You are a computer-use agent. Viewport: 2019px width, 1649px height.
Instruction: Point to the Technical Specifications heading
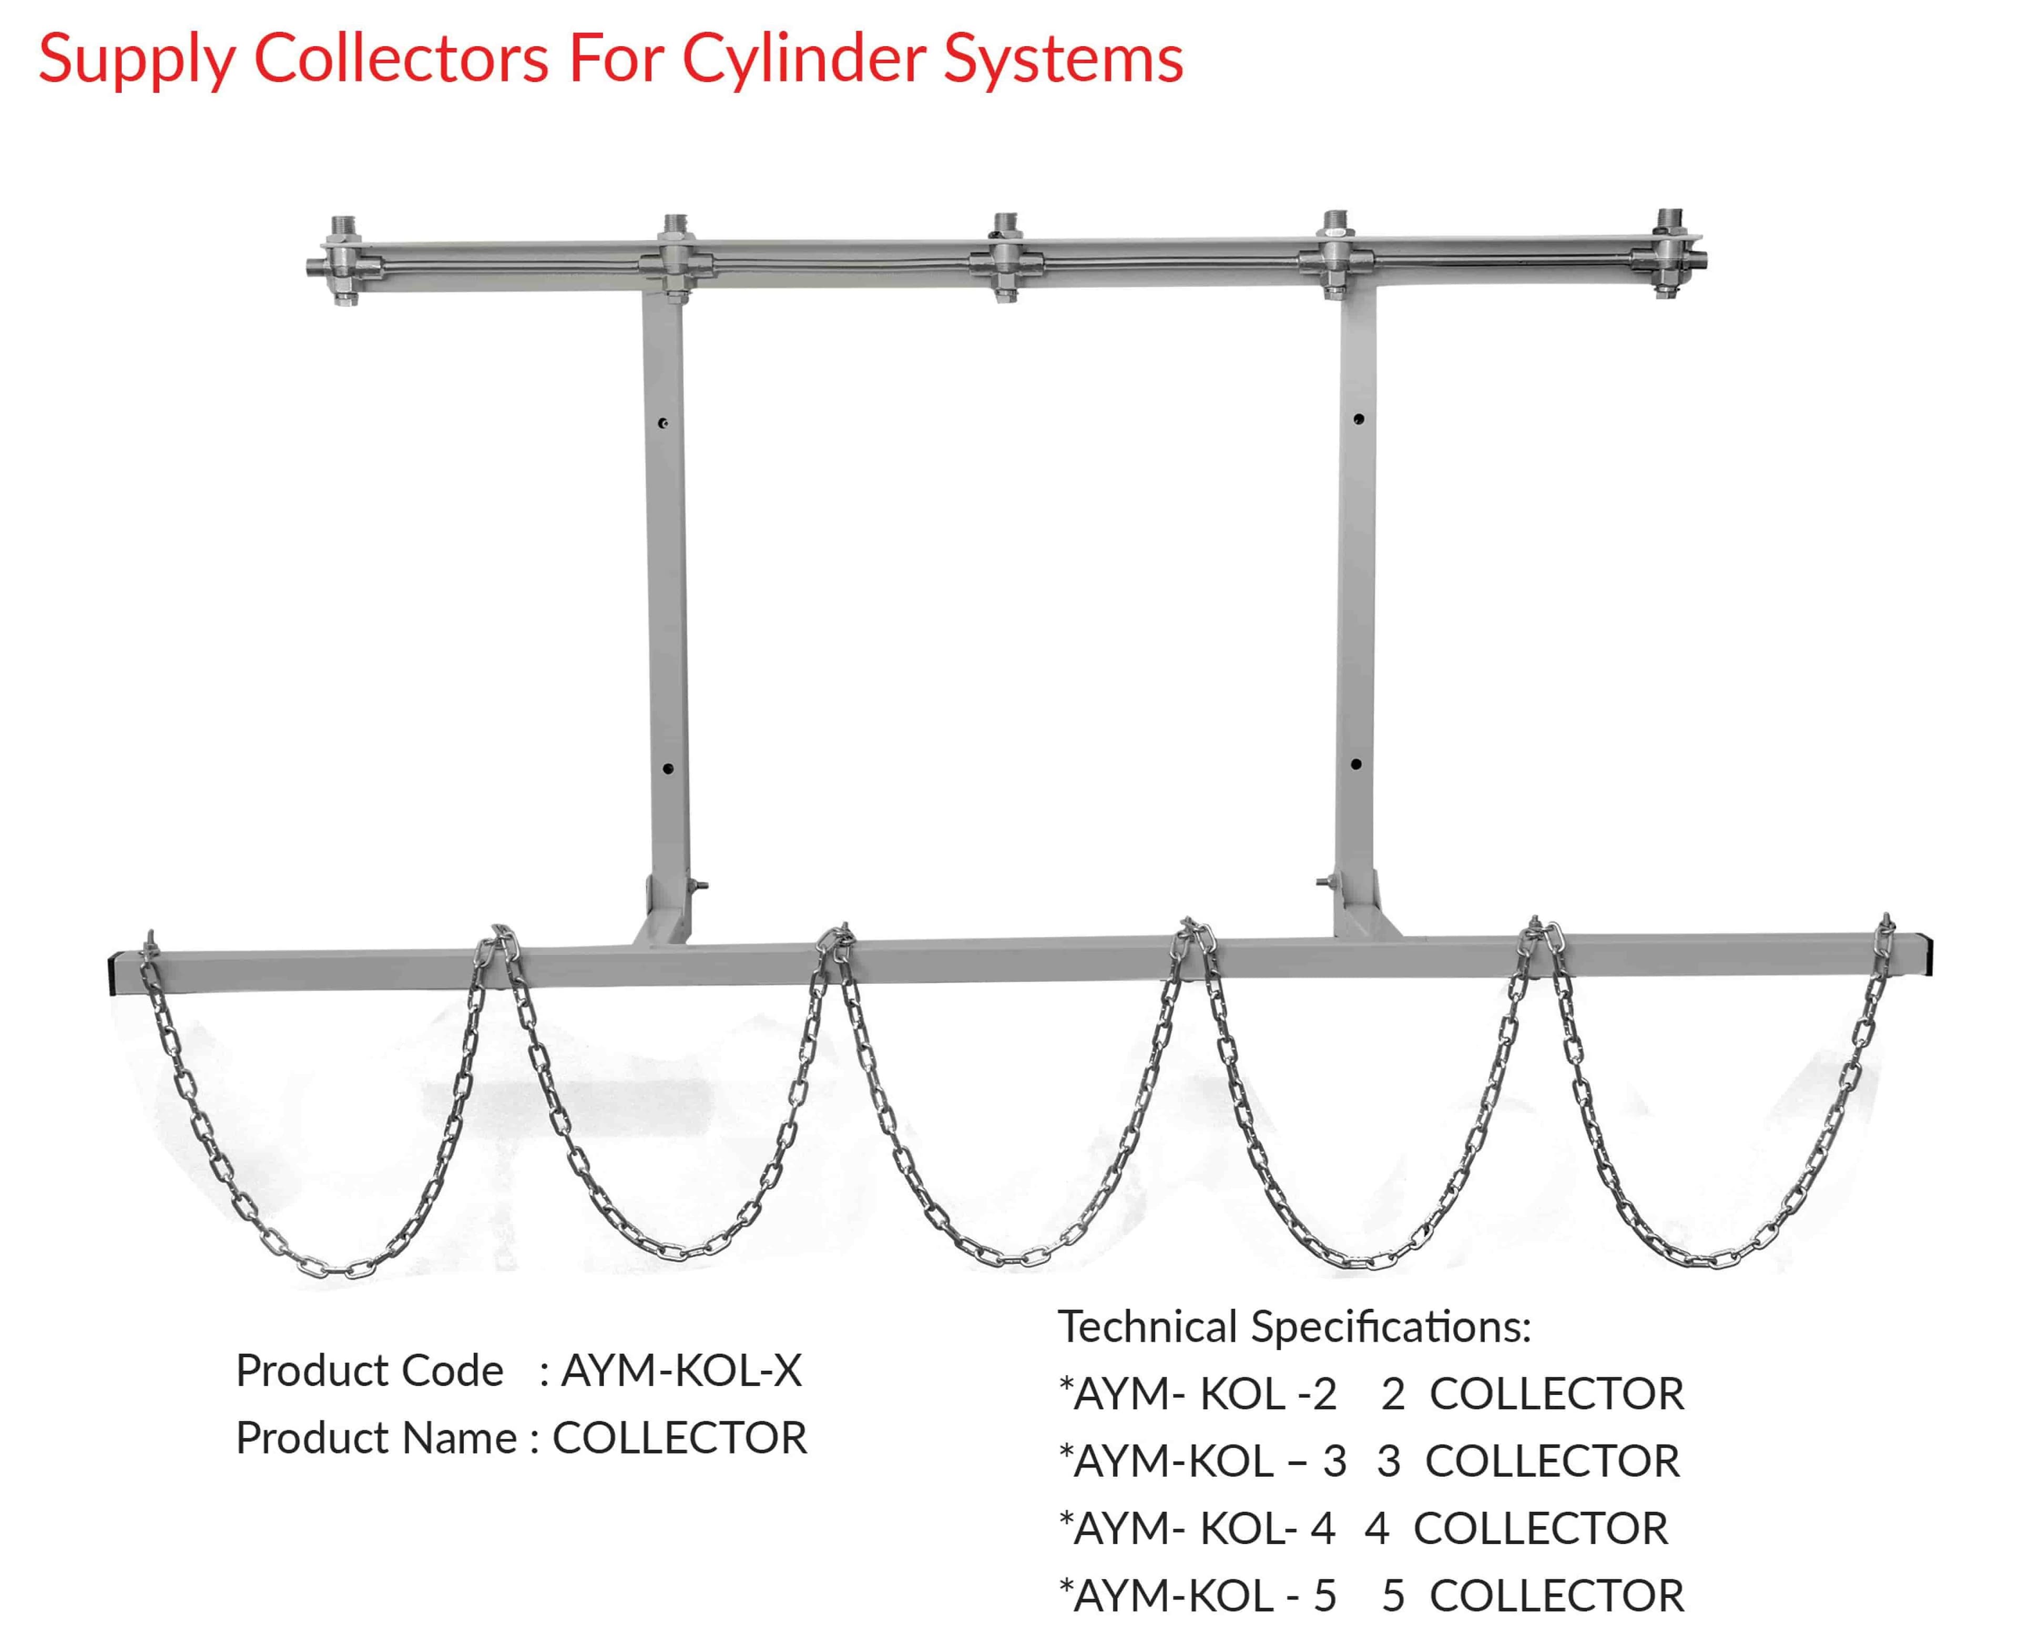click(x=1294, y=1327)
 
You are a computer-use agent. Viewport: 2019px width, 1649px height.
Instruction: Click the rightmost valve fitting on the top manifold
click(x=1669, y=255)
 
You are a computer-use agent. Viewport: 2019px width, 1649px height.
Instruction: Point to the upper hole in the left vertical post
click(x=664, y=423)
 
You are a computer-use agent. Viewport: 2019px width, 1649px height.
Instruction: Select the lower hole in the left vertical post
click(x=668, y=768)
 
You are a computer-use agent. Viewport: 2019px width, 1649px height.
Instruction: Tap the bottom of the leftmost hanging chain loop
click(x=337, y=1268)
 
